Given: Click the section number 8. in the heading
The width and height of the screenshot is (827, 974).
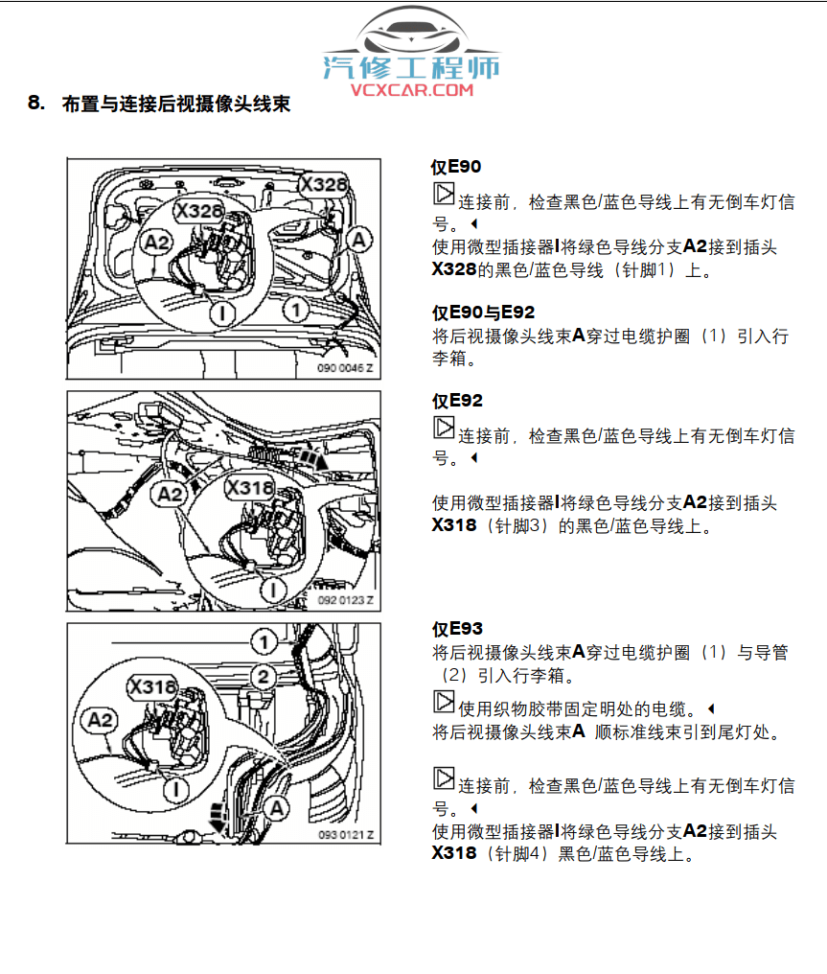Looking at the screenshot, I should (36, 103).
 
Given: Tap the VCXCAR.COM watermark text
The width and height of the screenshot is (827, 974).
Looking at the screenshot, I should (412, 89).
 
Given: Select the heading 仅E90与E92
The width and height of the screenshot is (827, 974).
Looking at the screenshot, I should (483, 313).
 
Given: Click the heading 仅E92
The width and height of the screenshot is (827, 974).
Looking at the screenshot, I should (457, 401).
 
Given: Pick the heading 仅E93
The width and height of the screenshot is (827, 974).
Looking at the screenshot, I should (457, 629).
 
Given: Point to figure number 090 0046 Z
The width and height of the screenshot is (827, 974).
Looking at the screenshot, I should (346, 367).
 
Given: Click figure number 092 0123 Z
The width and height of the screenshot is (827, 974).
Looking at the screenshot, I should (345, 599).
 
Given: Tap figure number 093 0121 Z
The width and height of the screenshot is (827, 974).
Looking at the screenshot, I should (346, 835).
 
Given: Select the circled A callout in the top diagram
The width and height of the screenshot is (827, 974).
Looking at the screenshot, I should (358, 239).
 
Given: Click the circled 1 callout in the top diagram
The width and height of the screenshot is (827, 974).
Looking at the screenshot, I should (297, 310).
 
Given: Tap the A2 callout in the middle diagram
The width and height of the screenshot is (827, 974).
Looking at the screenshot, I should (170, 494).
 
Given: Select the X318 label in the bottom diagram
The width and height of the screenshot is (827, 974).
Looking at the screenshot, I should (152, 686).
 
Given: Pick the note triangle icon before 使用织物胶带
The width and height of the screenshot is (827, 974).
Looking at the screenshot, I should (444, 703).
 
